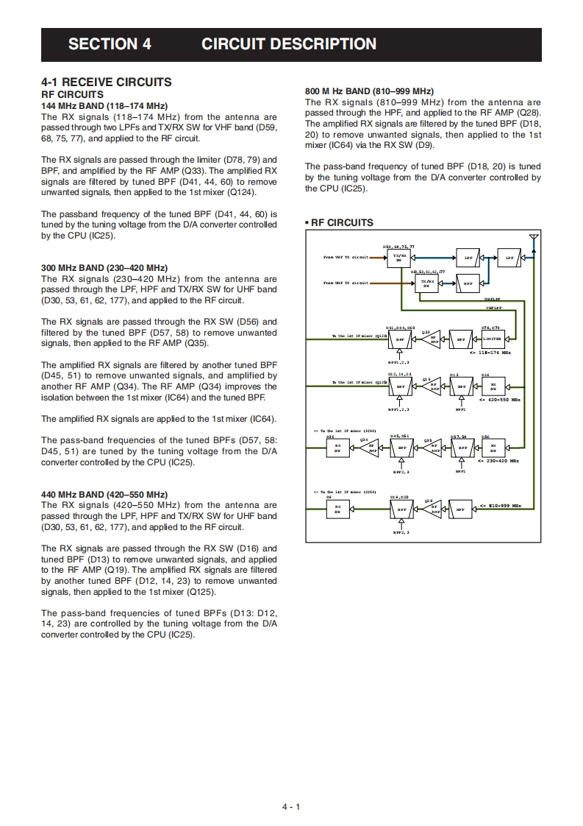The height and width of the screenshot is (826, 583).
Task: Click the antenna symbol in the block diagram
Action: pos(534,239)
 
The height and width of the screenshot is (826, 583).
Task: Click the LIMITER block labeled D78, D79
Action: pos(493,339)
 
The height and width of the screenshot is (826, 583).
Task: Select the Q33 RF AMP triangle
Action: pos(432,339)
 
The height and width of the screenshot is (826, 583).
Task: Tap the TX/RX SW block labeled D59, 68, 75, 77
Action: pos(399,258)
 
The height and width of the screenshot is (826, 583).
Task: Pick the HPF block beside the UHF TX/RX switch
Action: pos(466,283)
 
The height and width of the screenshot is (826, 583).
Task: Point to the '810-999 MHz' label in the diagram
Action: pos(504,506)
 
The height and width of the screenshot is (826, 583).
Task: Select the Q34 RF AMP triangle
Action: pos(370,447)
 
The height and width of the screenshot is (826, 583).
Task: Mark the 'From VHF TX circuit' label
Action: pos(346,258)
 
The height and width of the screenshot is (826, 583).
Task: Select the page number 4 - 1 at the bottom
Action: pos(291,807)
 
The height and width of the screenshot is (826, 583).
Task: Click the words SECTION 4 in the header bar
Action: pos(110,44)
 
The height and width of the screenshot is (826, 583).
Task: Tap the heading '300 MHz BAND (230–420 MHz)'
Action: pos(104,267)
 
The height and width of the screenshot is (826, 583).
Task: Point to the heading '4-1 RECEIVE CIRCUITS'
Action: pos(107,82)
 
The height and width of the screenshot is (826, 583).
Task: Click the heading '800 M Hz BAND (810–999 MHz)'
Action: pos(369,91)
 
